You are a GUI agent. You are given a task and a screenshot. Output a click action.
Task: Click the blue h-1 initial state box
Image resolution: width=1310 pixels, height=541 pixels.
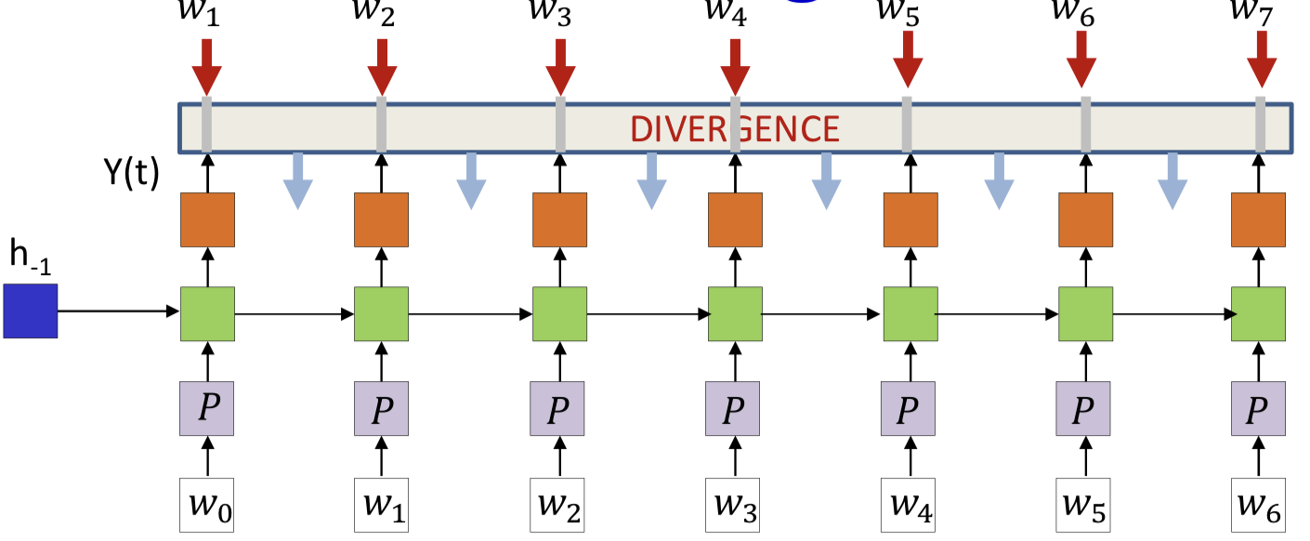[x=30, y=311]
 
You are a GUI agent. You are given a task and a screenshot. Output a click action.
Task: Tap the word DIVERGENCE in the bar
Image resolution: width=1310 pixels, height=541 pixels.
[x=735, y=128]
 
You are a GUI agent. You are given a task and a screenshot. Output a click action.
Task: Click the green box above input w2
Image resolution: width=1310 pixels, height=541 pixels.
[x=559, y=314]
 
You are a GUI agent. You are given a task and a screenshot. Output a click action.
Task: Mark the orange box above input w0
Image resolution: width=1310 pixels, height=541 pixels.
[x=207, y=220]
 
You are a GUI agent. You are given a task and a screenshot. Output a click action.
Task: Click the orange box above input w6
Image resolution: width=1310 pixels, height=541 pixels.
[x=1259, y=220]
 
